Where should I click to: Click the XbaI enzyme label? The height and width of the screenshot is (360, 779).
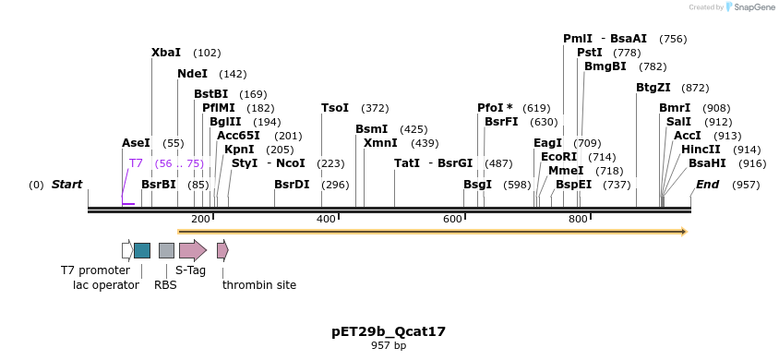click(x=166, y=53)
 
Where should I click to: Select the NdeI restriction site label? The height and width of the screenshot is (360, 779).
click(x=192, y=74)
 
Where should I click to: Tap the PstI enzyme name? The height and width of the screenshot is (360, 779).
click(x=589, y=53)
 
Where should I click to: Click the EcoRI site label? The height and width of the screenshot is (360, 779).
click(x=558, y=157)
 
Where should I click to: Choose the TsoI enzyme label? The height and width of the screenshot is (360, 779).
click(x=335, y=108)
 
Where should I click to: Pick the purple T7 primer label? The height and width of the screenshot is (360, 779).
click(x=136, y=163)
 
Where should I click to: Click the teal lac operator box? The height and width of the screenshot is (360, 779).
click(x=142, y=250)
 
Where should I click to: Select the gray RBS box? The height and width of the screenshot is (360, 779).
click(x=166, y=250)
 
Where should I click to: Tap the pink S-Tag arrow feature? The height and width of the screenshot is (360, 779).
click(x=192, y=250)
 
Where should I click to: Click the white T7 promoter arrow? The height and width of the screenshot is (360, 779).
click(x=126, y=250)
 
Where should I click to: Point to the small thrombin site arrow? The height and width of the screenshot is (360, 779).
click(x=222, y=250)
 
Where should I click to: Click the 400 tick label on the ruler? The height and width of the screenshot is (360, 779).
click(x=327, y=219)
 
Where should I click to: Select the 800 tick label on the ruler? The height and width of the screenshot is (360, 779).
click(x=578, y=219)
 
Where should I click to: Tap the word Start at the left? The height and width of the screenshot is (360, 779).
click(x=66, y=185)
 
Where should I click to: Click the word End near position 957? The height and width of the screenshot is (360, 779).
click(x=707, y=185)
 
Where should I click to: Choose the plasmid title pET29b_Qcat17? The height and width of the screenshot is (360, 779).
click(x=389, y=330)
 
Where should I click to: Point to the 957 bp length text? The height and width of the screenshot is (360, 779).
click(x=389, y=346)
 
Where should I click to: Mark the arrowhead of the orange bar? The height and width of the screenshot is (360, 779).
click(x=684, y=232)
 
